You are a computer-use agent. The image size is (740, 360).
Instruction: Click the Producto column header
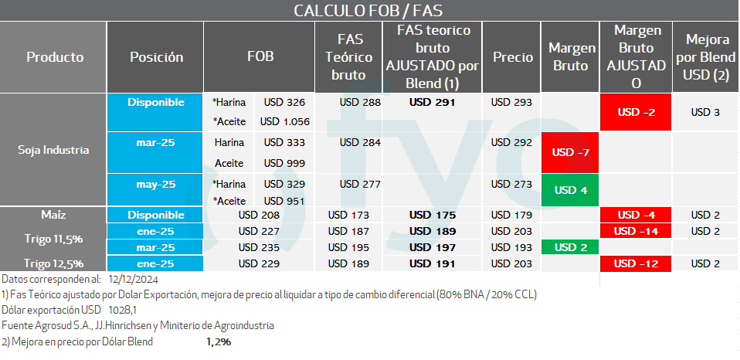click(54, 57)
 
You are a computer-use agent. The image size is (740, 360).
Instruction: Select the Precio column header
click(513, 57)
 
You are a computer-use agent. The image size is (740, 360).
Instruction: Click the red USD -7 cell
click(571, 152)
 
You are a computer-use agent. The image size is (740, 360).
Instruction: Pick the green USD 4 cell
click(571, 190)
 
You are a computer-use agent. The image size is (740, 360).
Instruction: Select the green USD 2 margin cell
click(571, 247)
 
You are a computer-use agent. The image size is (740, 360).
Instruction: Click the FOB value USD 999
click(284, 163)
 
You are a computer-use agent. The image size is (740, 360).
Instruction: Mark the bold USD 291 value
click(433, 102)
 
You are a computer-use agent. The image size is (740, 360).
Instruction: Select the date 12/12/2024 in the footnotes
click(134, 279)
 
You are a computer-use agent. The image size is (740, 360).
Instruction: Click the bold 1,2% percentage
click(219, 341)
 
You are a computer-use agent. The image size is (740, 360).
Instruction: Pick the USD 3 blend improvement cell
click(705, 112)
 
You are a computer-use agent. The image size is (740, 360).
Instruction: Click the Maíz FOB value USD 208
click(259, 215)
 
